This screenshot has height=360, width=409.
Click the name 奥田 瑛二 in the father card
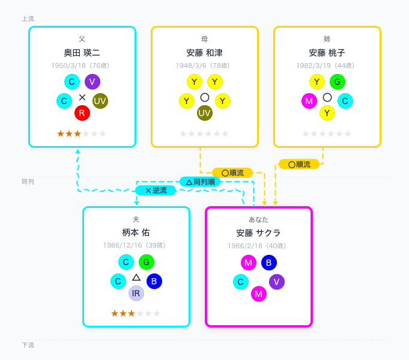coord(82,53)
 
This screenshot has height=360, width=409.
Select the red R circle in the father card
coord(82,113)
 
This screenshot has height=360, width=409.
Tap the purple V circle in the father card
coord(92,82)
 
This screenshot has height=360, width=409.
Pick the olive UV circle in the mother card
coord(204,113)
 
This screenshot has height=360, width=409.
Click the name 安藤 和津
coord(204,53)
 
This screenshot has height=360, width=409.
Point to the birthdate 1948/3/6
coord(191,66)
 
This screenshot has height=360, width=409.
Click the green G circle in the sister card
coord(338,82)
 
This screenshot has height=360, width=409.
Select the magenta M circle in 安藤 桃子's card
coord(309,101)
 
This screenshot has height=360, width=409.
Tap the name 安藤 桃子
coord(327,53)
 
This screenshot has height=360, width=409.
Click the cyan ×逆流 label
coord(156,191)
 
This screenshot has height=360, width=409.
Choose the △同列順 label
coord(200,182)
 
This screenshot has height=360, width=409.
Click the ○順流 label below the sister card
coord(299,165)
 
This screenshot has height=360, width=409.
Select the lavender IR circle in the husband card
coord(136,293)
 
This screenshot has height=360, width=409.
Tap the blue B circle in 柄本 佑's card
coord(154,281)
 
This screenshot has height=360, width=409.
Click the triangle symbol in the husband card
coord(136,277)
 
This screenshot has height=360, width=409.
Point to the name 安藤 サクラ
coord(258,233)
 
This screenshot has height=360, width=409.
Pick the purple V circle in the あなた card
coord(277,282)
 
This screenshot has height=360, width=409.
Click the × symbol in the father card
coord(82,97)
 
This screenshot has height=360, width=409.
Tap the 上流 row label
coord(28,19)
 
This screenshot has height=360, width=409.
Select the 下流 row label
coord(28,345)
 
